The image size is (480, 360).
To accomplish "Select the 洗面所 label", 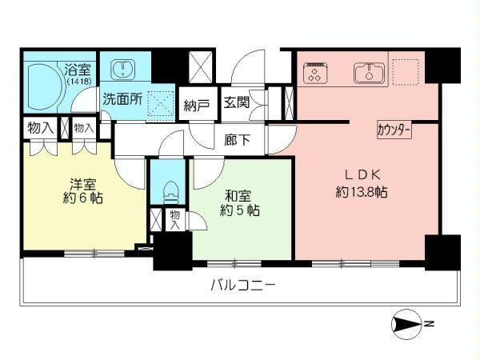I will pos(120,103).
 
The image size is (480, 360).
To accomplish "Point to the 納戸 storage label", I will pos(197,105).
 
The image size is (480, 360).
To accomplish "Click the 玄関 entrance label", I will pos(236,102).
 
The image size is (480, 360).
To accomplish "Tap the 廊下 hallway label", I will pos(238,139).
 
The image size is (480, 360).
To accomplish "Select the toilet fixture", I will pos(169,190).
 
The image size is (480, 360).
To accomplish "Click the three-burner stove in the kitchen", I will pos(316,74).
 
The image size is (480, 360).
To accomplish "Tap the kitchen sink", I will pos(369,73).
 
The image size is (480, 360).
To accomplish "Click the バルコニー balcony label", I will pos(243,284).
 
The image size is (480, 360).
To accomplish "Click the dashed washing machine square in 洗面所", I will pos(161,102).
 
